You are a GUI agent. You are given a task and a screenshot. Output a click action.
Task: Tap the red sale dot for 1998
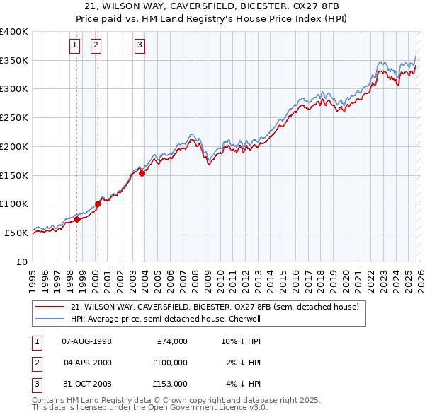77,219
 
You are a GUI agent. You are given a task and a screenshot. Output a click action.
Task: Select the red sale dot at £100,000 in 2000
98,204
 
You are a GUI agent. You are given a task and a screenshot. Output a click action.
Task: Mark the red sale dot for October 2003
142,173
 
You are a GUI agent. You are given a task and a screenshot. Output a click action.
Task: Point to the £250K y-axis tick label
14,118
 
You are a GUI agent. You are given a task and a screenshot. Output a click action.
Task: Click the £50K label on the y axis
16,233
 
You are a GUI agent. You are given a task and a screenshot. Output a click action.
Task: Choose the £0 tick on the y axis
22,262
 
